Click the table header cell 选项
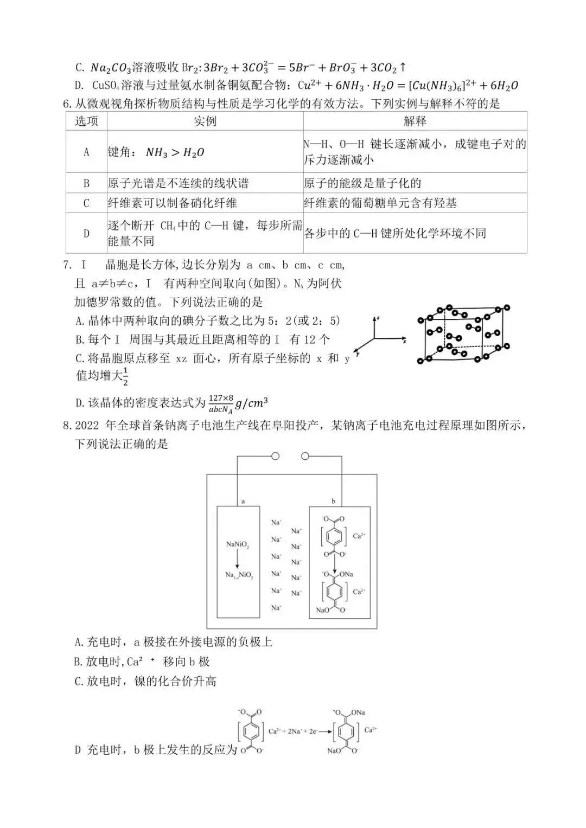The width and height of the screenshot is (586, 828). point(86,121)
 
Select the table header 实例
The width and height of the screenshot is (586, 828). point(205,121)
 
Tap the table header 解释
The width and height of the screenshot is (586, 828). point(415,121)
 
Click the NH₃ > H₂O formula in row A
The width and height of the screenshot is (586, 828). point(175,153)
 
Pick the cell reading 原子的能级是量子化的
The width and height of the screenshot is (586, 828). point(362,183)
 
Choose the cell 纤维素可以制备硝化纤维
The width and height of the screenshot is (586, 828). point(173,203)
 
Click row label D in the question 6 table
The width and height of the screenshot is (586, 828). point(86,234)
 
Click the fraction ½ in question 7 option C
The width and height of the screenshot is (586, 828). point(125,376)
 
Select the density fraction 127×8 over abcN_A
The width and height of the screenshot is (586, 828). point(221,404)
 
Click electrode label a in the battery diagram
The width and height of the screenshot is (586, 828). point(243,502)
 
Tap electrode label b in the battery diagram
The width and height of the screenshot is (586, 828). point(333,502)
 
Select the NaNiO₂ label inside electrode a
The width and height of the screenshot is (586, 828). point(238,544)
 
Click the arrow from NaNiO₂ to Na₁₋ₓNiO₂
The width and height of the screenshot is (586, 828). point(237,559)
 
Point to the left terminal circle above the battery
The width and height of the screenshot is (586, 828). point(275,456)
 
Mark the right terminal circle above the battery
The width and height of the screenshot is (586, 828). point(304,456)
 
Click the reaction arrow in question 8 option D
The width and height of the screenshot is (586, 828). point(325,731)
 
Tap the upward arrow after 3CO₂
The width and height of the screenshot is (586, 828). point(403,68)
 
